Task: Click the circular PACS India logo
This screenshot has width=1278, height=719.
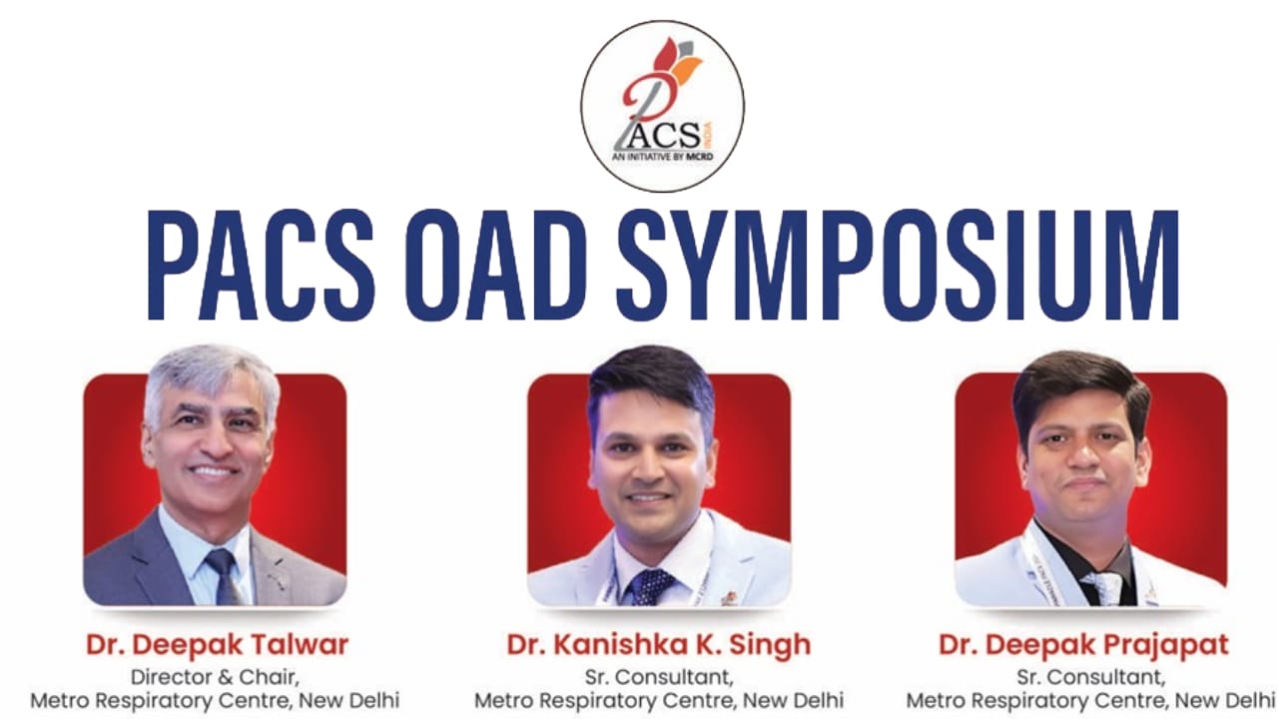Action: coord(662,106)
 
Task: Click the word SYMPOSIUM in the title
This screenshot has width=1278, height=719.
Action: coord(898,266)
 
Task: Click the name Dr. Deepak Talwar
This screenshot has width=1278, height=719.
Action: coord(218,645)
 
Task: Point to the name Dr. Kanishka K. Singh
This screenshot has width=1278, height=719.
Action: coord(659,645)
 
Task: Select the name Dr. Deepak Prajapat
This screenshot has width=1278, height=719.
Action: coord(1084,645)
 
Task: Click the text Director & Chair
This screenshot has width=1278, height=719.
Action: coord(215,677)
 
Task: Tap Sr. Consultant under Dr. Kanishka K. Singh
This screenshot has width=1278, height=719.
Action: coord(659,677)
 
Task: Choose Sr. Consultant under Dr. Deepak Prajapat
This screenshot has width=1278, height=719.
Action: coord(1091,677)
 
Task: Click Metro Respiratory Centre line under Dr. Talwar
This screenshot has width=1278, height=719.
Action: coord(215,700)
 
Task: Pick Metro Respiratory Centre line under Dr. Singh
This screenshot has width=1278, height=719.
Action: coord(659,700)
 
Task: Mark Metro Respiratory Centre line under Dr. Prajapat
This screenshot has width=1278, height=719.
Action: coord(1091,700)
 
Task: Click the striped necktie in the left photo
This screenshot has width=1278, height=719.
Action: coord(224,576)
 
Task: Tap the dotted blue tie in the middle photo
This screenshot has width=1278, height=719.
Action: coord(650,586)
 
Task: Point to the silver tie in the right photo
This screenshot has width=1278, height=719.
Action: coord(1102,588)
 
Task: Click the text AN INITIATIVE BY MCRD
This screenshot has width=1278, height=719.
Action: coord(662,156)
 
